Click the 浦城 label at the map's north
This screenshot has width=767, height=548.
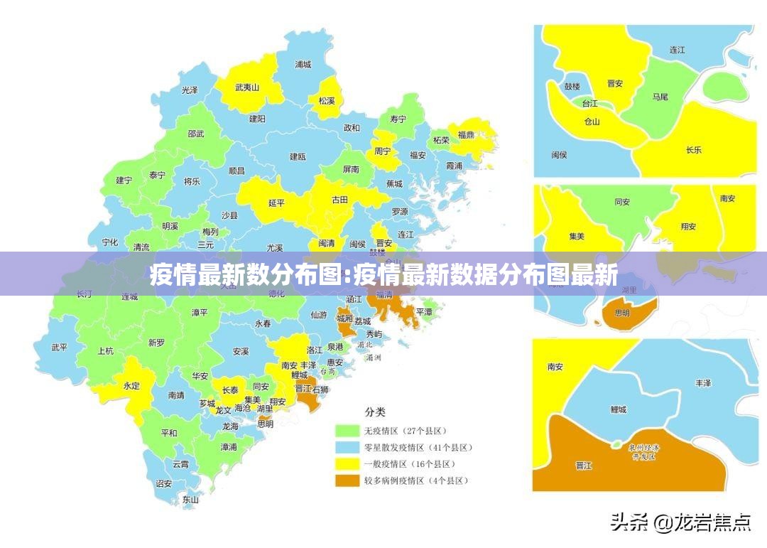tap(303, 64)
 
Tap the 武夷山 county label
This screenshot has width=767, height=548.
tap(247, 88)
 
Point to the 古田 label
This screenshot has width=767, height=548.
tap(340, 200)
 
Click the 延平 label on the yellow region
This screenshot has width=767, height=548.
tap(276, 203)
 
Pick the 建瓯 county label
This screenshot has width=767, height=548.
tap(298, 156)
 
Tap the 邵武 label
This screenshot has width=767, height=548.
tap(196, 134)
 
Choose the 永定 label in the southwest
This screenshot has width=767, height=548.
tap(132, 386)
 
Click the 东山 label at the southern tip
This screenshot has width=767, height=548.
tap(190, 500)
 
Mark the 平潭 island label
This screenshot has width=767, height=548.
tap(424, 312)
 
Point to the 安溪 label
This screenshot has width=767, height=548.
tap(241, 351)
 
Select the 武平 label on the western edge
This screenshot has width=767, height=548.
tap(60, 348)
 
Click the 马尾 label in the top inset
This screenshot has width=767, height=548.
tap(660, 97)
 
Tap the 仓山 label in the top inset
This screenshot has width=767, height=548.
tap(592, 122)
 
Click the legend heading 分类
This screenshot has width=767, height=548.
tap(375, 412)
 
